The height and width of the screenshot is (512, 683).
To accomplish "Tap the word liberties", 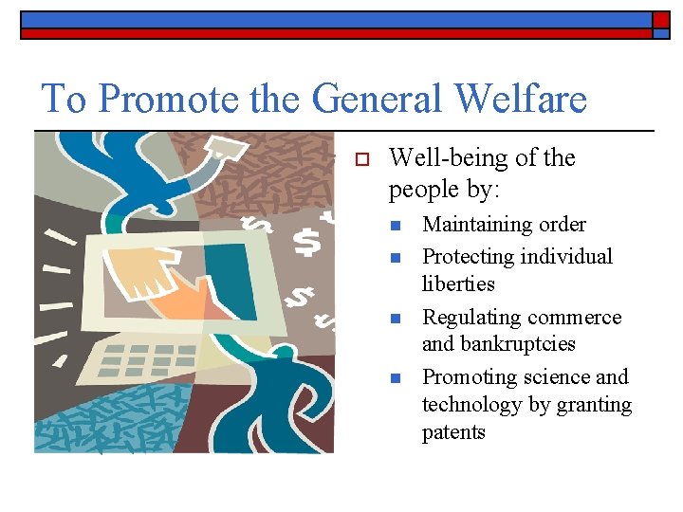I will click(458, 283).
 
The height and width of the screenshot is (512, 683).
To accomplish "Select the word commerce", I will click(575, 317).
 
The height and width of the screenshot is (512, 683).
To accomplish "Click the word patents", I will click(453, 432).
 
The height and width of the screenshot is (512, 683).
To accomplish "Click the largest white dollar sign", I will click(305, 243).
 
